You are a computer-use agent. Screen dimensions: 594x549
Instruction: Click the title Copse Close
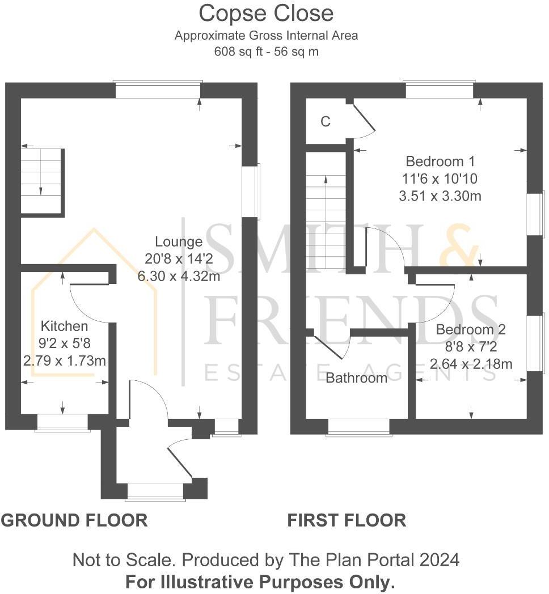[266, 13]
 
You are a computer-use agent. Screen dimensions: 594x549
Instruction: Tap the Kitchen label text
[65, 326]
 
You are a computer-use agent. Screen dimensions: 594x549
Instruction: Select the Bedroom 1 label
[440, 161]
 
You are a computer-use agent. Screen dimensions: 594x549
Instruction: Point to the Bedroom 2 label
[471, 329]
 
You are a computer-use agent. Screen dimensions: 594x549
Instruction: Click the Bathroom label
[356, 377]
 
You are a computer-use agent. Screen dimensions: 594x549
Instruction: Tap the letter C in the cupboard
[326, 121]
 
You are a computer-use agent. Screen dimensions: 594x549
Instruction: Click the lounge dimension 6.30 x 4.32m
[179, 277]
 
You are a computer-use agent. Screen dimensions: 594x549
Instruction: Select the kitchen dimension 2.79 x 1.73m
[65, 360]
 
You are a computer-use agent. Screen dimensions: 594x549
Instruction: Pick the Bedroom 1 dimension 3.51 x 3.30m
[440, 196]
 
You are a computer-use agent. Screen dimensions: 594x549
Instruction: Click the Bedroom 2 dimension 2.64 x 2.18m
[471, 364]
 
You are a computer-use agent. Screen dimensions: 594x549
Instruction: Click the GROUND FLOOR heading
[74, 520]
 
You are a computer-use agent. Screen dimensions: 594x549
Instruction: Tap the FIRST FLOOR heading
[347, 520]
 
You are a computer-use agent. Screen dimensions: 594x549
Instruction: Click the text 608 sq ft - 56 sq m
[266, 51]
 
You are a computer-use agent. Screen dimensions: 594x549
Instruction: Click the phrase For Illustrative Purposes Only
[260, 582]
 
